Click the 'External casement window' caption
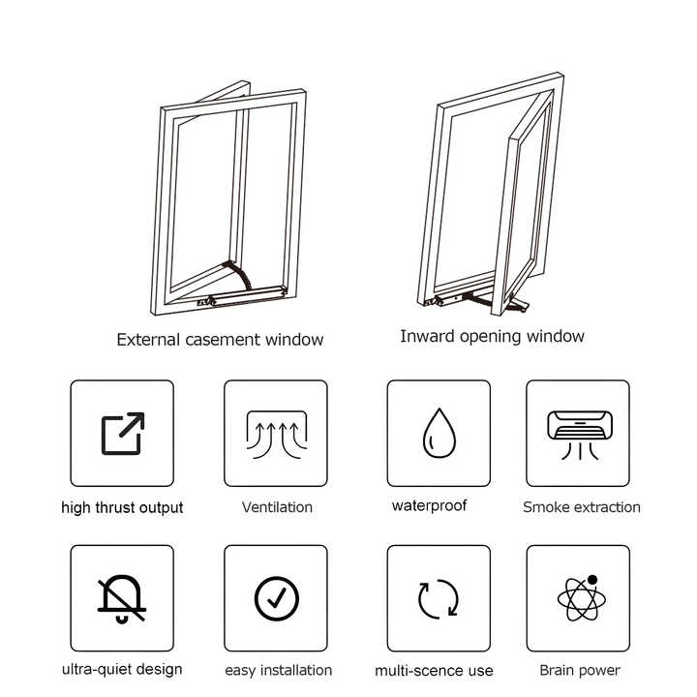click(x=220, y=340)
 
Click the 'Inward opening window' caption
click(x=492, y=337)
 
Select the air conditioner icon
click(x=577, y=431)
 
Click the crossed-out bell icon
click(x=122, y=598)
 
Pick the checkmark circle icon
click(x=276, y=598)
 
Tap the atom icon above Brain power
click(x=578, y=597)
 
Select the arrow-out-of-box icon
click(x=123, y=433)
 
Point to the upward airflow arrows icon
click(x=276, y=433)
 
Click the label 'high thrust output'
click(x=122, y=507)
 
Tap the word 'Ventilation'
click(x=277, y=506)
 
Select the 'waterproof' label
click(x=429, y=505)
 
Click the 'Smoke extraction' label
click(x=581, y=506)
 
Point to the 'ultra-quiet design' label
click(x=122, y=669)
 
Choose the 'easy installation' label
click(x=278, y=670)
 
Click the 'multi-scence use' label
click(x=434, y=671)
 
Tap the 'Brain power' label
click(x=580, y=670)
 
